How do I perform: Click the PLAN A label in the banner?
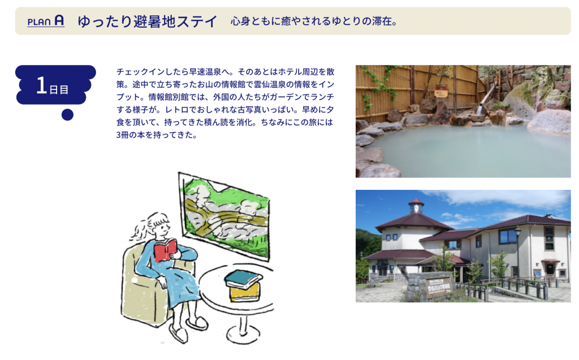[x=46, y=21]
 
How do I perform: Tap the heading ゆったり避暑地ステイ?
[x=148, y=21]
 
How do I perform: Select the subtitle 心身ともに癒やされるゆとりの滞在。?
[x=314, y=21]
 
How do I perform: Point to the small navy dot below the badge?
[x=67, y=115]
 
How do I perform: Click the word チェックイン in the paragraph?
[x=136, y=72]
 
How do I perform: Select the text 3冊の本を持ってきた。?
[x=157, y=135]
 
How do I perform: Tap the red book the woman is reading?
[x=165, y=250]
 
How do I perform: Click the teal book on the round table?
[x=243, y=279]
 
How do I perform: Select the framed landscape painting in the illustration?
[x=224, y=215]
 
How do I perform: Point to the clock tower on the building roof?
[x=416, y=206]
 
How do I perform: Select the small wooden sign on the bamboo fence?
[x=441, y=91]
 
